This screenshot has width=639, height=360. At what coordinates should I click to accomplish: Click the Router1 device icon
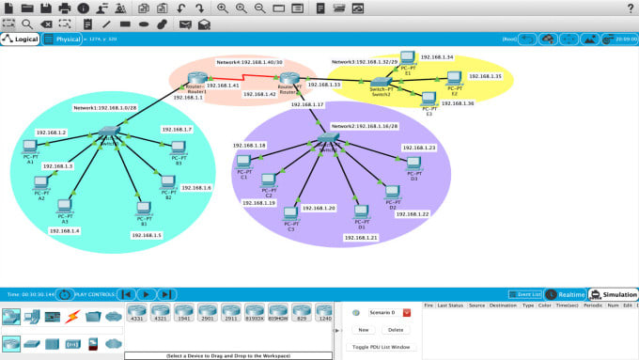(x=195, y=77)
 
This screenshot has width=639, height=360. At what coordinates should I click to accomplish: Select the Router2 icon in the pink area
(x=288, y=77)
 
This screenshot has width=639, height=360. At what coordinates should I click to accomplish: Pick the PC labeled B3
(x=179, y=148)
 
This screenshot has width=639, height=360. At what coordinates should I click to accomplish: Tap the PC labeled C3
(x=290, y=213)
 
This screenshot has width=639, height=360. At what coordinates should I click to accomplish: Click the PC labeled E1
(x=408, y=57)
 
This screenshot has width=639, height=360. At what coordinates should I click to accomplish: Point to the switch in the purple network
(x=327, y=138)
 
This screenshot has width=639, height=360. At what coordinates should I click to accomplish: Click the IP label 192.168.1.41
(x=224, y=86)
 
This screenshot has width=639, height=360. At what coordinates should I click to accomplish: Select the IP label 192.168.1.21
(x=361, y=238)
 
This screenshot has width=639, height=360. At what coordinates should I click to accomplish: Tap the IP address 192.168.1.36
(x=458, y=103)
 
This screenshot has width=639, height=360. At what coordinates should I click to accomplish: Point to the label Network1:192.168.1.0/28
(x=104, y=108)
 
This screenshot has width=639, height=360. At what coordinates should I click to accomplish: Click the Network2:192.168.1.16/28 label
(x=363, y=126)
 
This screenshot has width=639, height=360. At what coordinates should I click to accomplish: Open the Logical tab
(x=22, y=39)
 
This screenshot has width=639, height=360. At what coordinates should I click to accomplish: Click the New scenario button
(x=363, y=330)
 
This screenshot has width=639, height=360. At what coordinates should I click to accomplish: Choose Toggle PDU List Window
(x=382, y=347)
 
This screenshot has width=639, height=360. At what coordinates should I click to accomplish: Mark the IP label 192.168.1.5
(x=145, y=235)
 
